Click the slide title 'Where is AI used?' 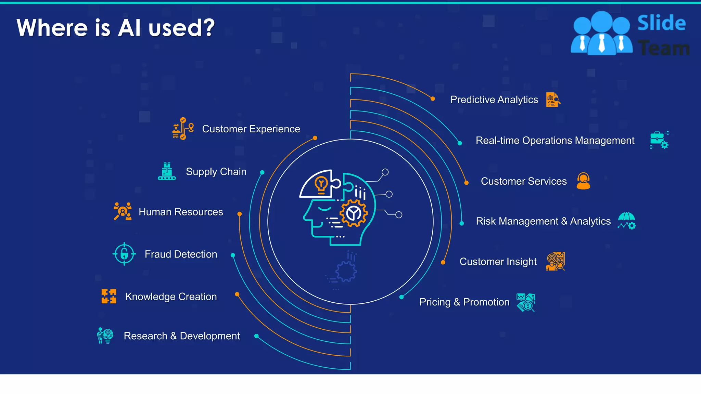coord(115,28)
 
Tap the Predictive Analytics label coord(494,100)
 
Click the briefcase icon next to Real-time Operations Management coord(659,140)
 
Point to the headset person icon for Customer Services coord(583,181)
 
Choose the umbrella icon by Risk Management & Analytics coord(626,221)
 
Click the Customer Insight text coord(498,262)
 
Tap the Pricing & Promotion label coord(464,302)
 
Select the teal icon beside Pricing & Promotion coord(526,302)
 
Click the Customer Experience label coord(251,129)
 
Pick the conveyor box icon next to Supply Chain coord(167,171)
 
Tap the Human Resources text coord(181,212)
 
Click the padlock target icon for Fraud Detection coord(124,254)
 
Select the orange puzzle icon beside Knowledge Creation coord(109,296)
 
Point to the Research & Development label coord(182,336)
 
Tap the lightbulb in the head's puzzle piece coord(321,185)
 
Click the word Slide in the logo coord(661,23)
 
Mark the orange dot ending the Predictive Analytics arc coord(433,99)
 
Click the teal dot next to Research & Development coord(256,336)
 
